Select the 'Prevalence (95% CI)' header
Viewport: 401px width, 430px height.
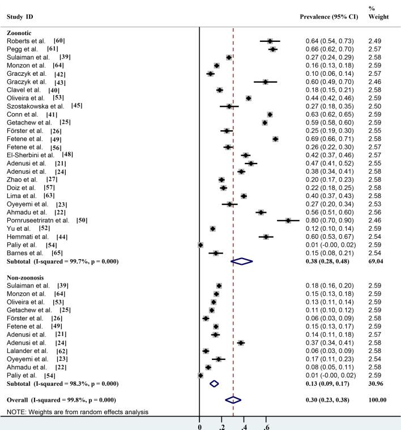pyautogui.click(x=330, y=16)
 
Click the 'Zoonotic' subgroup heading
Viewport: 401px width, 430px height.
pyautogui.click(x=20, y=33)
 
